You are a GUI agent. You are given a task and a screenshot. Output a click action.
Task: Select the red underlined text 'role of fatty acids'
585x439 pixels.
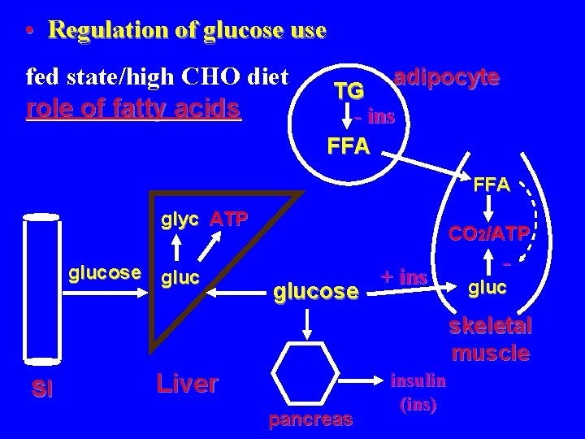pos(134,108)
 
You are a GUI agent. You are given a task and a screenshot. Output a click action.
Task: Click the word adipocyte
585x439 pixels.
pos(446,77)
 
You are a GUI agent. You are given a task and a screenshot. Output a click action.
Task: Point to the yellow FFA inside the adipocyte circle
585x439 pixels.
pos(348,146)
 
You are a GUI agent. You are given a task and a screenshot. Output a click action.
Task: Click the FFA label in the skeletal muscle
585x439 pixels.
pos(492,185)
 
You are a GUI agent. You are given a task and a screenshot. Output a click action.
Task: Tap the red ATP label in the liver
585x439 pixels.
pos(228,219)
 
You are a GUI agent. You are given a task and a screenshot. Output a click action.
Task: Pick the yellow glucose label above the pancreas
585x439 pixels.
pos(316,290)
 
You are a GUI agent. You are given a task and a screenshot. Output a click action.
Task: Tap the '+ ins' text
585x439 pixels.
pos(404,277)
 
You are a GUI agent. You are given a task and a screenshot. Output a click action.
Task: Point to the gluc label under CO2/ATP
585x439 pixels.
pos(488,287)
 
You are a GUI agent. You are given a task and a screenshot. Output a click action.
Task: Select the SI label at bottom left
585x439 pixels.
pos(43,389)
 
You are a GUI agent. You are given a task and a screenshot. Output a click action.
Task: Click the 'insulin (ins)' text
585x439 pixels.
pos(419,391)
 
